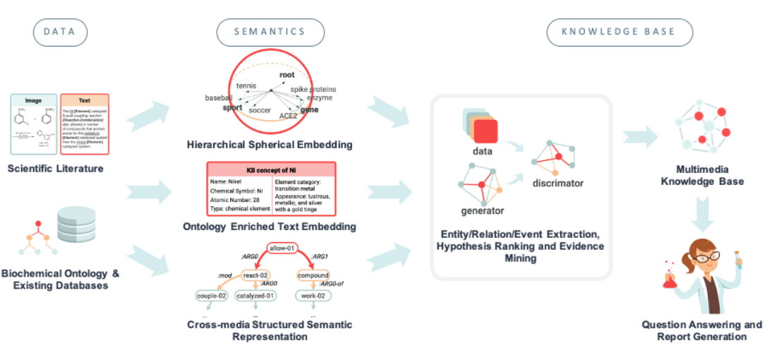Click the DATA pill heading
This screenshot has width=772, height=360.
pyautogui.click(x=60, y=32)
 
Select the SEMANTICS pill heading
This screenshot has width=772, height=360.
pyautogui.click(x=270, y=32)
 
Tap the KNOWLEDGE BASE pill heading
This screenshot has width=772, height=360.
pyautogui.click(x=619, y=32)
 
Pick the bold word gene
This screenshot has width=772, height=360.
pyautogui.click(x=309, y=109)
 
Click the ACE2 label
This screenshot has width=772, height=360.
pyautogui.click(x=288, y=115)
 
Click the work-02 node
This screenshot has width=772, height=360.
pyautogui.click(x=310, y=296)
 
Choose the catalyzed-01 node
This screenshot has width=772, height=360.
pyautogui.click(x=255, y=296)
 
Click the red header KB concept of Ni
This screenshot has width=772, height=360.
pyautogui.click(x=270, y=170)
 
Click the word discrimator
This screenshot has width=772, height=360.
pyautogui.click(x=558, y=183)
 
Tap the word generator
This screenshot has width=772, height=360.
pyautogui.click(x=483, y=210)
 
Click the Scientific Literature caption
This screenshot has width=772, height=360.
pyautogui.click(x=56, y=169)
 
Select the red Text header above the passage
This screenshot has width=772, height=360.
pyautogui.click(x=85, y=100)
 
